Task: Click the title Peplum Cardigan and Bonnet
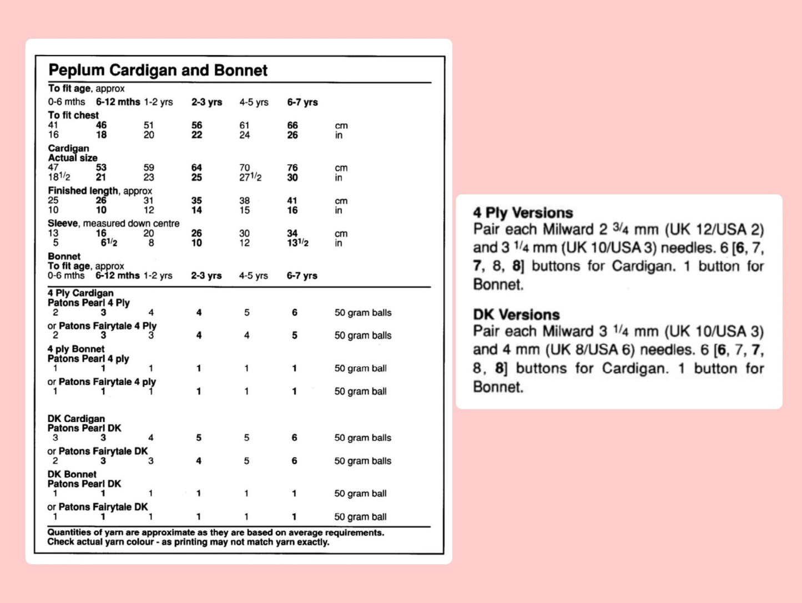(158, 70)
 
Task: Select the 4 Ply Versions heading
(523, 213)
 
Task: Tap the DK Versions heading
(516, 315)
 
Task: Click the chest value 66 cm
(292, 125)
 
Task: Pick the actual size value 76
(292, 168)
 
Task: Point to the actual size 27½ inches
(250, 178)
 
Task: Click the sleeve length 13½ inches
(297, 243)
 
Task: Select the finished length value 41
(292, 201)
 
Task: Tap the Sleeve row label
(63, 224)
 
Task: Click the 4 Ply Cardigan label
(80, 293)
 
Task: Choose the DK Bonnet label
(72, 474)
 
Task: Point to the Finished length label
(83, 191)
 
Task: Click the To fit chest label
(73, 115)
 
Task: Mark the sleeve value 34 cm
(292, 234)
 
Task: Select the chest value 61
(244, 125)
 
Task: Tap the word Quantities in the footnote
(69, 533)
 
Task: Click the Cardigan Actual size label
(72, 153)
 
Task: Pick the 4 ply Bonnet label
(76, 349)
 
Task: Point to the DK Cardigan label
(76, 419)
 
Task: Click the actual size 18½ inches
(59, 178)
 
